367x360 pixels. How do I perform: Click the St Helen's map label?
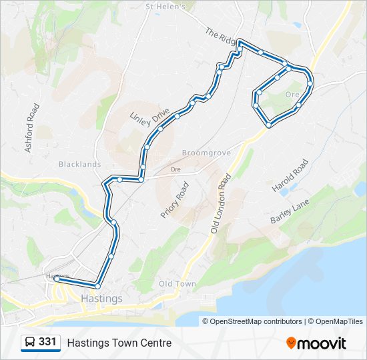[165, 7]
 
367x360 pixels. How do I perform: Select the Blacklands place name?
[79, 164]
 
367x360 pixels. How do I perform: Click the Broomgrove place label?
[206, 153]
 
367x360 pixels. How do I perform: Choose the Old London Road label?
[221, 203]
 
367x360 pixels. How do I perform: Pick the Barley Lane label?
[290, 211]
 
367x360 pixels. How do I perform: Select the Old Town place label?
[177, 284]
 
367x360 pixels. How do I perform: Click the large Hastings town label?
[101, 299]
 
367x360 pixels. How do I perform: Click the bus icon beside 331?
[30, 343]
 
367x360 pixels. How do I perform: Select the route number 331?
[47, 342]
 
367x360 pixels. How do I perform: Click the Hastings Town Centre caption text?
[119, 343]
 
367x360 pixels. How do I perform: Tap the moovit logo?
[316, 343]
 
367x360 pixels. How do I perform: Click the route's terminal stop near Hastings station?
[57, 280]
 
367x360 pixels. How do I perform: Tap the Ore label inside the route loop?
[292, 95]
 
